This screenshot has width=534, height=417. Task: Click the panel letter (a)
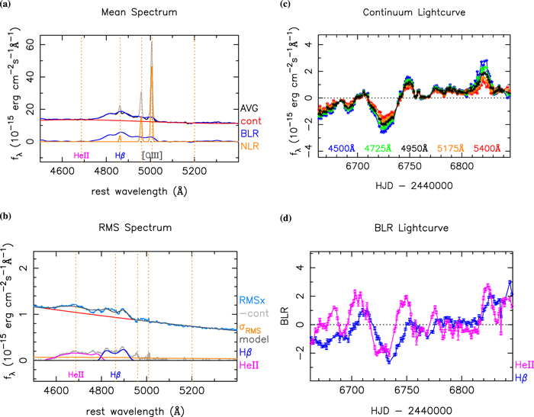point(7,5)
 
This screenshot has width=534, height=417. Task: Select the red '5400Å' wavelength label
point(488,148)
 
